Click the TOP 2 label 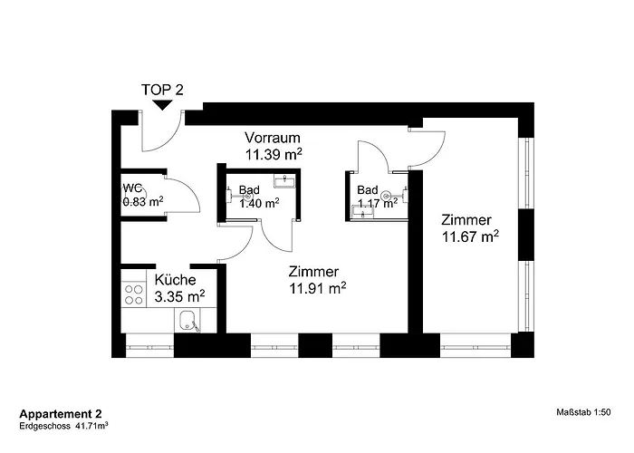[162, 90]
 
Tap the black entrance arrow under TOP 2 [162, 106]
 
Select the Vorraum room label [273, 138]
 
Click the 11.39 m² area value [273, 154]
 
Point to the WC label [133, 188]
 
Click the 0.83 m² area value [143, 202]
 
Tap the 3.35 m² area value [178, 295]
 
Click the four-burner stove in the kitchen [134, 294]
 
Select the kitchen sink [188, 320]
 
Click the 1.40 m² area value [258, 203]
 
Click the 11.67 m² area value [470, 237]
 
